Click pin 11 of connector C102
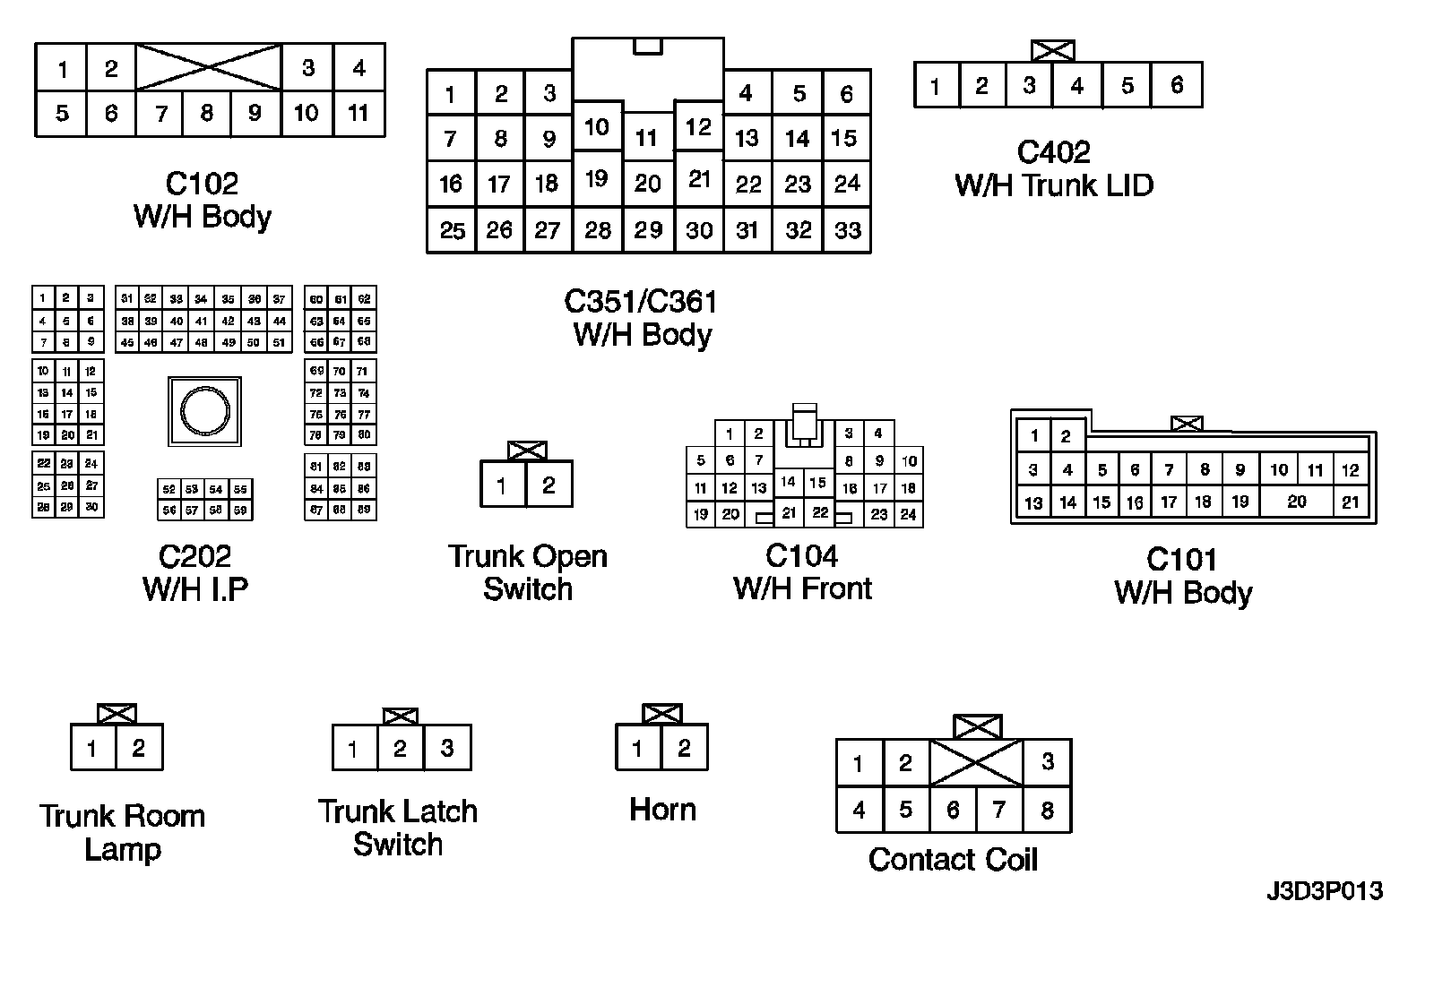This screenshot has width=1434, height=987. click(x=358, y=114)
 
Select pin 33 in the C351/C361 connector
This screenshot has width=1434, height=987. click(x=847, y=230)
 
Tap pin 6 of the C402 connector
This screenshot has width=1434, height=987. click(x=1177, y=86)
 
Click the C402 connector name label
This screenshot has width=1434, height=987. click(x=1053, y=152)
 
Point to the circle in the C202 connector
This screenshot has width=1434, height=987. click(x=205, y=412)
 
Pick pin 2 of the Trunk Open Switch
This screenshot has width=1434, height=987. click(x=549, y=485)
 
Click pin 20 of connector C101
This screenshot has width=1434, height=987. click(x=1297, y=502)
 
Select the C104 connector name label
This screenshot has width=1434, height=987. click(x=802, y=556)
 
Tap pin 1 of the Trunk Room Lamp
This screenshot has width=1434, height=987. click(x=92, y=748)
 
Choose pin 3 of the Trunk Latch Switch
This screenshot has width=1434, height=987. click(x=447, y=748)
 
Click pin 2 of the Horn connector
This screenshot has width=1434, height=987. click(x=684, y=748)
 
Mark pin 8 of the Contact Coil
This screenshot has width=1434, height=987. click(x=1047, y=811)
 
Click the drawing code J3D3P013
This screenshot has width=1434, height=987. click(x=1325, y=891)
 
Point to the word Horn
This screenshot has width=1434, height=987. click(x=662, y=810)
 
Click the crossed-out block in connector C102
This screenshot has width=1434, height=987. click(x=209, y=66)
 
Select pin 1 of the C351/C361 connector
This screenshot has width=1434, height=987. click(x=450, y=94)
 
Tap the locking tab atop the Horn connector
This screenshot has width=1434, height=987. click(x=662, y=714)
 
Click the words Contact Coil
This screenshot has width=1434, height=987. click(x=953, y=860)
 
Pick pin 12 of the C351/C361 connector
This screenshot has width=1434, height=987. click(x=698, y=127)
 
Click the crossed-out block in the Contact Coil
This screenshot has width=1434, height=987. click(x=976, y=763)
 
